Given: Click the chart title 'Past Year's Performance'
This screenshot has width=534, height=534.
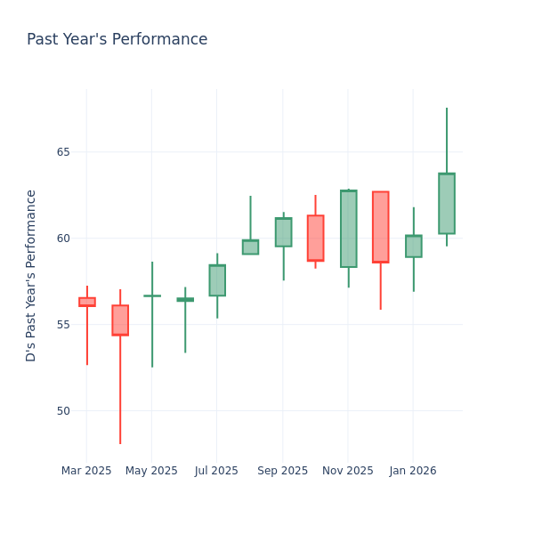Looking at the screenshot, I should [117, 40].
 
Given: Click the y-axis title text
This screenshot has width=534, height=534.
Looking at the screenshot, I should [31, 275].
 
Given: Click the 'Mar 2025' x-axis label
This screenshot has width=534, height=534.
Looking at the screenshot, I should [86, 471].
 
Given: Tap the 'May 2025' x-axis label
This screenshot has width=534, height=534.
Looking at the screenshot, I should [151, 471].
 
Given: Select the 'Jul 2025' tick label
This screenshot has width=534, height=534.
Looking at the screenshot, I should [216, 471].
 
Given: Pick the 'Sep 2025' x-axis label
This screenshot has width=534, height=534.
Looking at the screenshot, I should [282, 471].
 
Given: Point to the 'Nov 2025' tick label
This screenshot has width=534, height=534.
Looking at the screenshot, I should [348, 471].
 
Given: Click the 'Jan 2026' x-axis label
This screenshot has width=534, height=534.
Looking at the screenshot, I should [413, 471].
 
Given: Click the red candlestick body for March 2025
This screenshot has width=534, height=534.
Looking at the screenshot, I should [86, 302].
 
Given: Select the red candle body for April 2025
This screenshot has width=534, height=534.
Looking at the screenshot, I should [120, 320].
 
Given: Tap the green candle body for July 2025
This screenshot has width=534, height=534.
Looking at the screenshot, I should [217, 280].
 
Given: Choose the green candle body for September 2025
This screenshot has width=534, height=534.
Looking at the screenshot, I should [283, 232].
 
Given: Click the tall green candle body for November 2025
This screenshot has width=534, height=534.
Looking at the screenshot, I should [348, 229].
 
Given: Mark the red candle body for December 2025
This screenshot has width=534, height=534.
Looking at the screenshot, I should [381, 227].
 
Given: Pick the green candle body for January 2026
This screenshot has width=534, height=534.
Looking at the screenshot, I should [414, 247].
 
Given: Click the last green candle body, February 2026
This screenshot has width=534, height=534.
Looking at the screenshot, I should [447, 204].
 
